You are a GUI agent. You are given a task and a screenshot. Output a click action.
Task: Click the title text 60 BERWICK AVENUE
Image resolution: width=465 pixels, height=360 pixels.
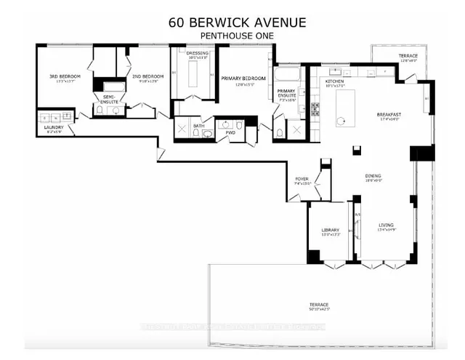232,21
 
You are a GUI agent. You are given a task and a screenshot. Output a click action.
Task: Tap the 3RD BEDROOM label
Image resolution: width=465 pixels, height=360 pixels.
65,76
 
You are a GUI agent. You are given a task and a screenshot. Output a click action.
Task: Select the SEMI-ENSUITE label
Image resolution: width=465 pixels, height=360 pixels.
110,97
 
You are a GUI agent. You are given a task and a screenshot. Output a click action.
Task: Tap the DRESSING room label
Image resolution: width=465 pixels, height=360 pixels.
198,53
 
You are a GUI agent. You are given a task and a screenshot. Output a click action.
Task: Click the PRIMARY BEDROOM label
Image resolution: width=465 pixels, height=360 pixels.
244,79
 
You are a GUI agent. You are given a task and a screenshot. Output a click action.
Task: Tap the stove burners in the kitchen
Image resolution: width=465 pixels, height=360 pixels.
315,110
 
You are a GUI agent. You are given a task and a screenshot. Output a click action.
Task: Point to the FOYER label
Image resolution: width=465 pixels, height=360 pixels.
302,180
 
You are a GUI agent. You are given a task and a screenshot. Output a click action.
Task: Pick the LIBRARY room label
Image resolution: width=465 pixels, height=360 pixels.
331,231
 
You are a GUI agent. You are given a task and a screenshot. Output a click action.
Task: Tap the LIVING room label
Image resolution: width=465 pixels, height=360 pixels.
385,226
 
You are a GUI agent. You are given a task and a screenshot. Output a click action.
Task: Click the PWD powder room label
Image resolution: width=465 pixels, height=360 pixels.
230,132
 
